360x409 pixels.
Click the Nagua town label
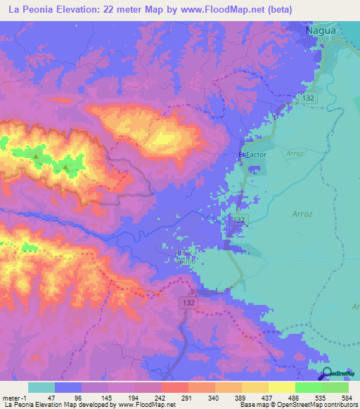coord(322,32)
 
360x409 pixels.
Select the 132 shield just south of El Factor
coord(237,221)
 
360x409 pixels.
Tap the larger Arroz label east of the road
coord(301,210)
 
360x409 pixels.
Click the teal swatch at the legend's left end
coord(41,387)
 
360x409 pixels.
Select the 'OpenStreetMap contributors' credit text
coord(321,405)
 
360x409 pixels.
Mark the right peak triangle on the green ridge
coord(65,167)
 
